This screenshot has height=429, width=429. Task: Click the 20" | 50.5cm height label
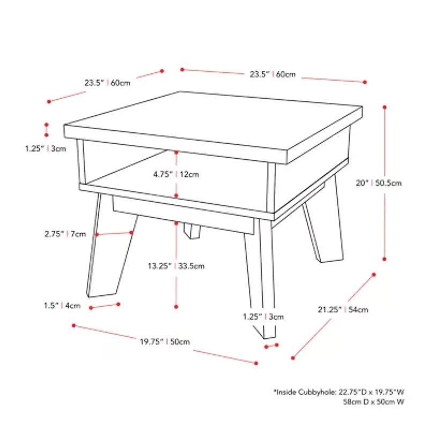[x=379, y=183]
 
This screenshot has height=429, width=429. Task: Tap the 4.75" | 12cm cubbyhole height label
[x=176, y=174]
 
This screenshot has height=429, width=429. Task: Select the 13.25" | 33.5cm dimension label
[x=176, y=266]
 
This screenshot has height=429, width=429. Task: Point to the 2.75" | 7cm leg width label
[x=65, y=234]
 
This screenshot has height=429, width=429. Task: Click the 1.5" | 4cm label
[x=62, y=305]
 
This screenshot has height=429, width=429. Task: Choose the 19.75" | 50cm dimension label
[x=165, y=342]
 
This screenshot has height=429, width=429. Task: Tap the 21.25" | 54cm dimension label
[x=343, y=309]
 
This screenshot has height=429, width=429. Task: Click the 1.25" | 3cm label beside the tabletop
[x=46, y=149]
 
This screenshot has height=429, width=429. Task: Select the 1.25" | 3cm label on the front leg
[x=263, y=316]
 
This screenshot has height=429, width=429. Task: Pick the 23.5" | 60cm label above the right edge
[x=272, y=74]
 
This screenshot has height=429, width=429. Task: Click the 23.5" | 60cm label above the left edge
[x=107, y=83]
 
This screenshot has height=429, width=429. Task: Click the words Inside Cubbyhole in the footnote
[x=305, y=393]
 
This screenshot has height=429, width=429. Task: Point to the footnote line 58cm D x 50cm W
[x=373, y=402]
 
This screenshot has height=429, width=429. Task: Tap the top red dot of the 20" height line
[x=384, y=107]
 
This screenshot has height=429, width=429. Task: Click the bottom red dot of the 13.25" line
[x=176, y=307]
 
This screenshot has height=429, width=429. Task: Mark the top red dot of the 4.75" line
[x=176, y=152]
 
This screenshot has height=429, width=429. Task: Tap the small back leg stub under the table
[x=192, y=231]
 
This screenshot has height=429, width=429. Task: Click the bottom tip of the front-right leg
[x=270, y=338]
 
